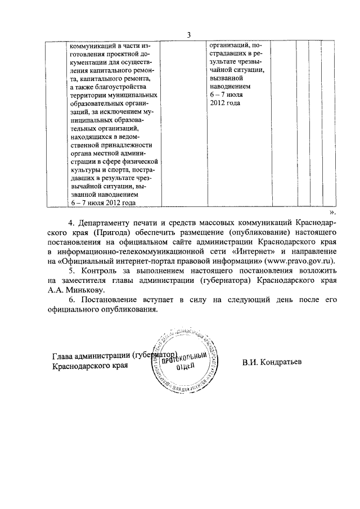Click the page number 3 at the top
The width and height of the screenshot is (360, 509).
click(190, 35)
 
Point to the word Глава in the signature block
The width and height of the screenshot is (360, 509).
click(64, 356)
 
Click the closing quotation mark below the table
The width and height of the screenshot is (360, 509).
click(332, 213)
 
